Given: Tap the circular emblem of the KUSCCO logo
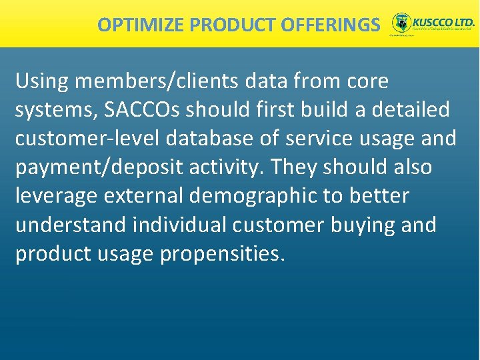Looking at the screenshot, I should (401, 23).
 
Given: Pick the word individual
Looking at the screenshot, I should (180, 225).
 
